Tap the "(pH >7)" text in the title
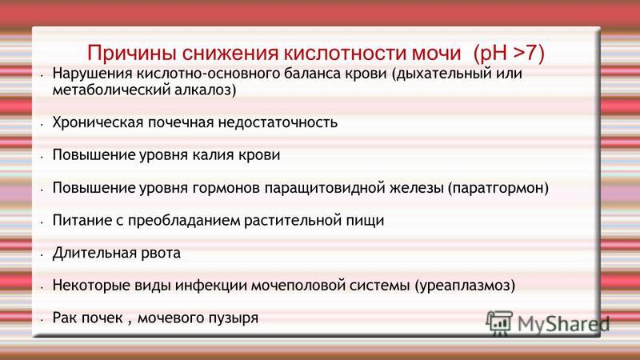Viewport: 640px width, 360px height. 509,54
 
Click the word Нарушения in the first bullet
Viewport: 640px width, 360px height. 92,74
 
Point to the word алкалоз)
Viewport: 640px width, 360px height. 206,90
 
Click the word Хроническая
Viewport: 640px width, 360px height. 98,123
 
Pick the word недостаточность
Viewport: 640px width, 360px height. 278,123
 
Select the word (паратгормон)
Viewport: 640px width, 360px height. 498,188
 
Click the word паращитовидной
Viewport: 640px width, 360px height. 324,188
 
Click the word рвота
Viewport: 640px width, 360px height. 161,254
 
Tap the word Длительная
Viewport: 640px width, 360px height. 94,254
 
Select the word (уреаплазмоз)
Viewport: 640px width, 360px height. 465,286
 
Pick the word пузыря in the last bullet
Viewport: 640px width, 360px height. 234,318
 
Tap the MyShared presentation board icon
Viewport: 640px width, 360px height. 499,323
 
